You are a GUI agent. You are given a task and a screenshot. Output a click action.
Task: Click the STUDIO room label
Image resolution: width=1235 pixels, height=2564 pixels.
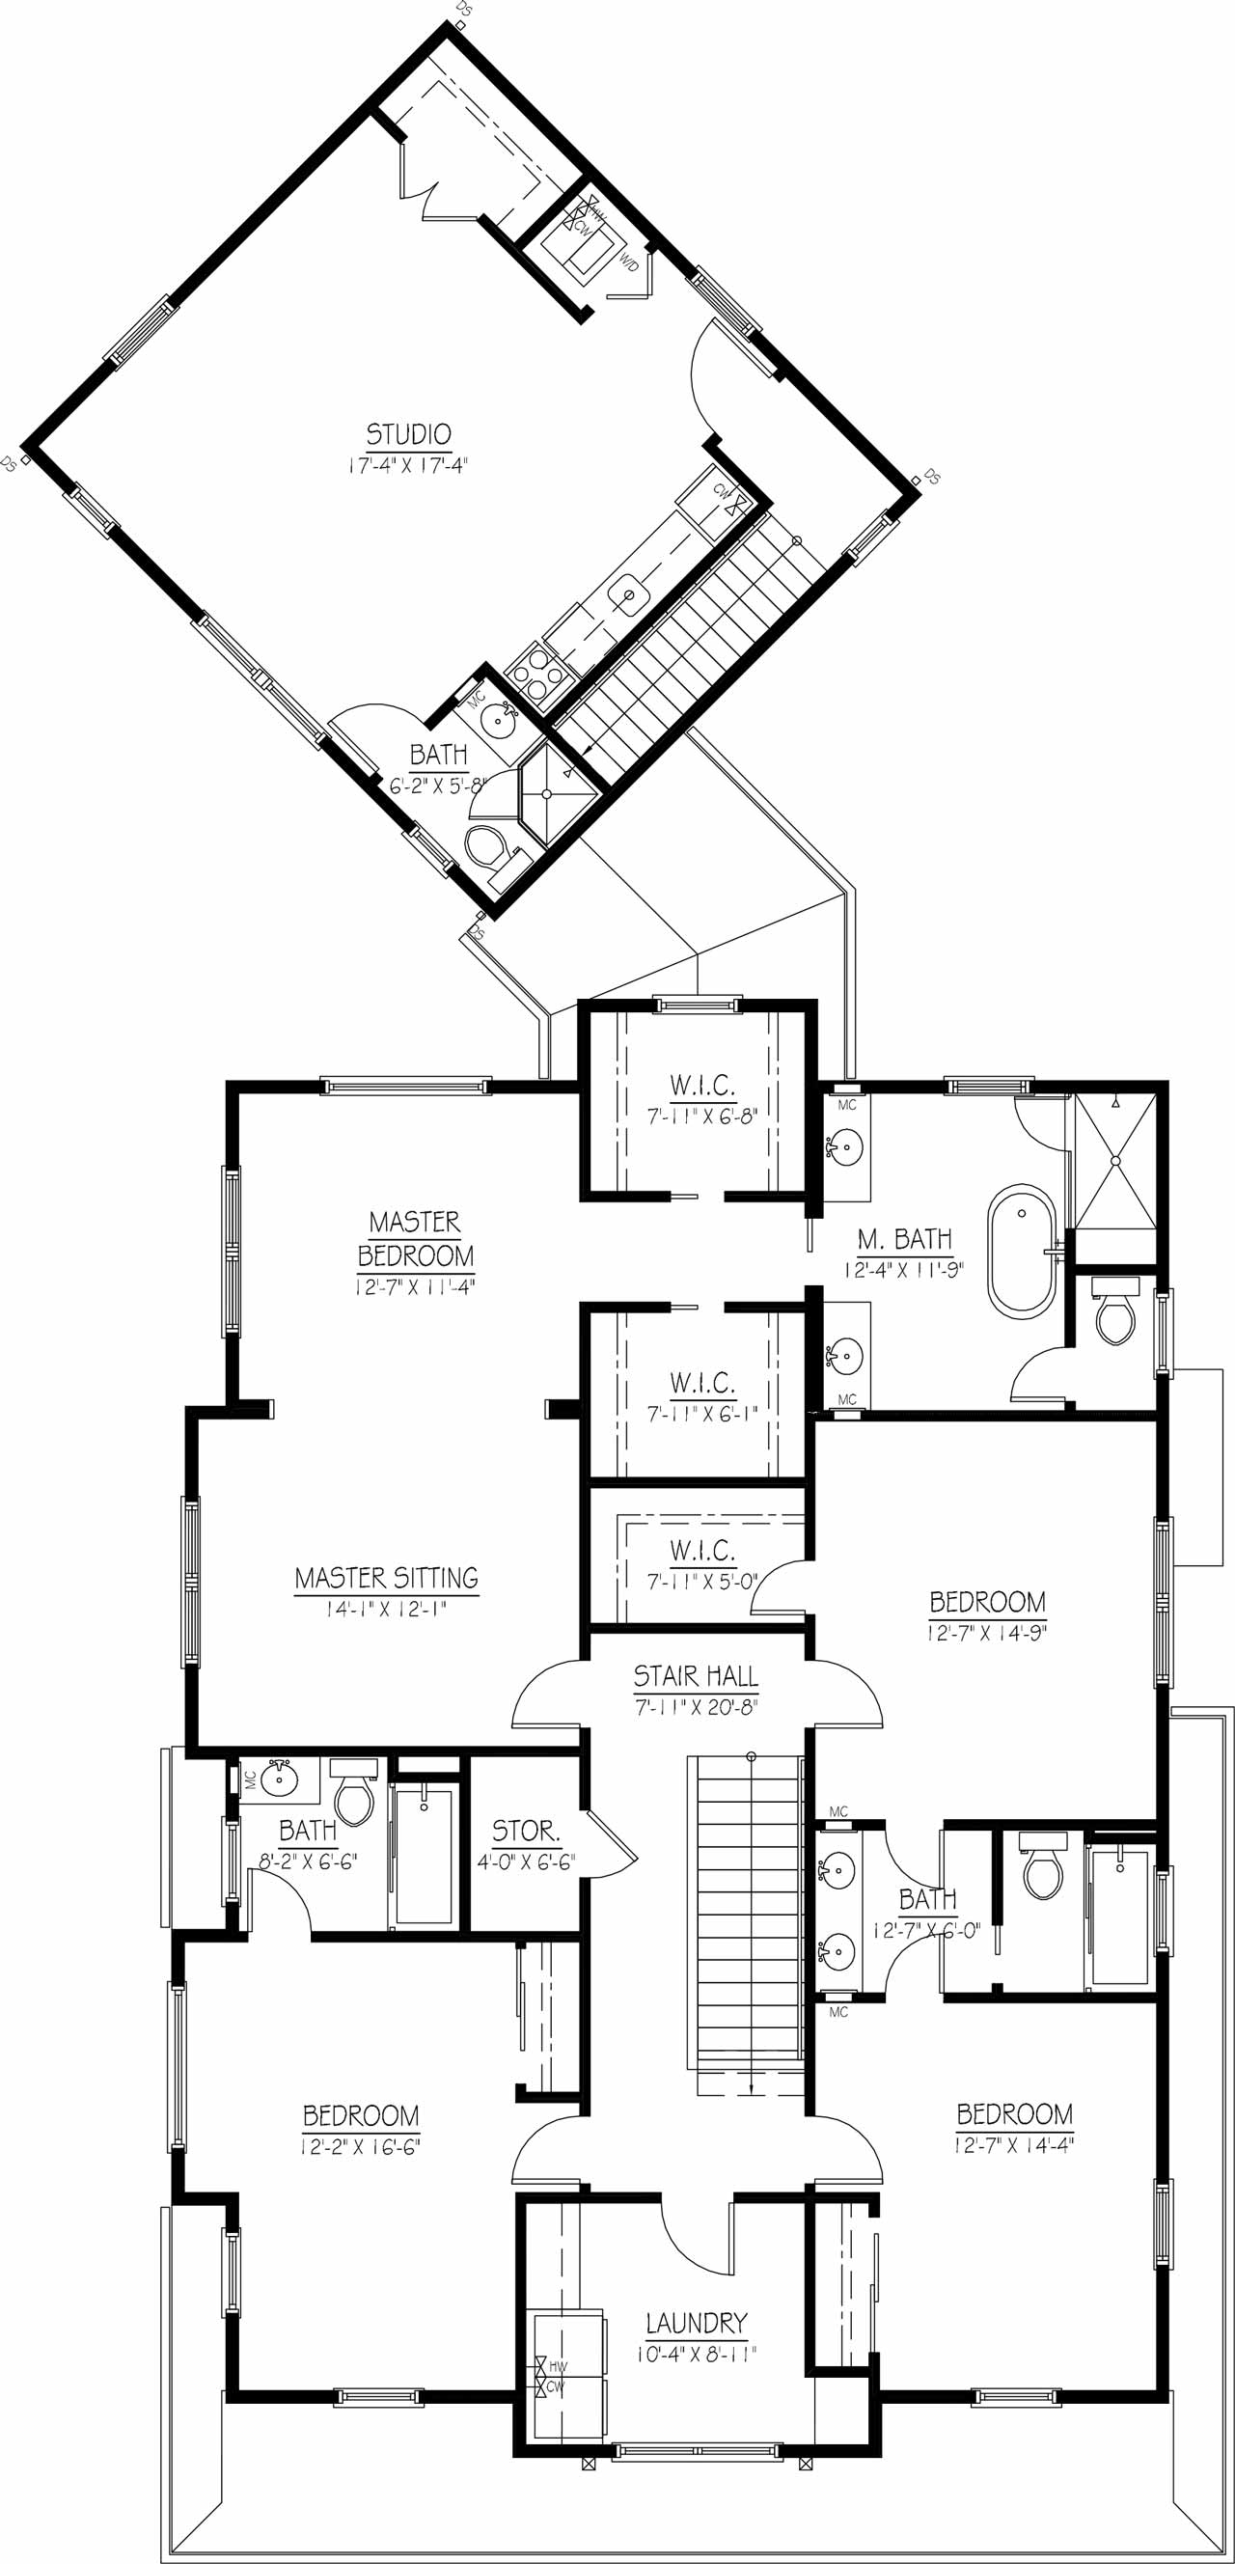pos(409,434)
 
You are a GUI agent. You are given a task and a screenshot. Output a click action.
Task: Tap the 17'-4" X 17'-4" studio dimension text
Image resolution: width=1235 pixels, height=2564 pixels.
pos(408,465)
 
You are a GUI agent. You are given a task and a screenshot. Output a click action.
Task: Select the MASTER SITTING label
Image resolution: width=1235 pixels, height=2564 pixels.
pos(386,1578)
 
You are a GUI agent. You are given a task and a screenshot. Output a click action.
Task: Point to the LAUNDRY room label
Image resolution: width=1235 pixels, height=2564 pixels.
pos(696,2324)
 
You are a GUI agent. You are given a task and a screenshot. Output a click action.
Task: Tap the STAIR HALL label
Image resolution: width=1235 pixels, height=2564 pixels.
pos(696,1676)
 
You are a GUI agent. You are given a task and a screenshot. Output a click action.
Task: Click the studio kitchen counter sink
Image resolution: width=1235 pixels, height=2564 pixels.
pos(630,594)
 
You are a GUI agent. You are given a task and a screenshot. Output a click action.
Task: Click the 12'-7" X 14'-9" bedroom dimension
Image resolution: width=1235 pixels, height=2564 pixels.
pos(987,1634)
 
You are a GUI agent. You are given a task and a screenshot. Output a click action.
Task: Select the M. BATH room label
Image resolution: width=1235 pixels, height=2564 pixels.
pos(905,1239)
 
